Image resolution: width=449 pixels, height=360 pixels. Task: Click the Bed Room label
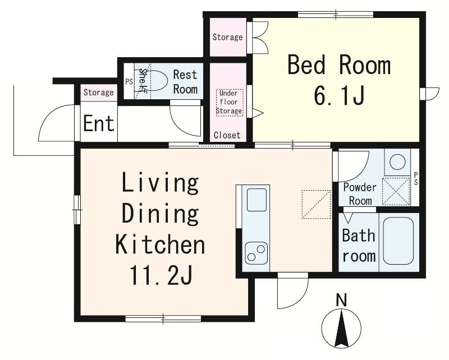click(339, 66)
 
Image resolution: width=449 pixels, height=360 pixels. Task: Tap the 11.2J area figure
click(161, 275)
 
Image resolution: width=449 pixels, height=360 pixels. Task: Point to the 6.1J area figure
click(340, 95)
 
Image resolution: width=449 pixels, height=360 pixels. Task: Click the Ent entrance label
click(99, 123)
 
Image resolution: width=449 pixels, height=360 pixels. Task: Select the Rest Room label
click(185, 82)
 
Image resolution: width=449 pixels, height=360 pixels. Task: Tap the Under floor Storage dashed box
click(229, 102)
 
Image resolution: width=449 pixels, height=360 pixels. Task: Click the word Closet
click(227, 135)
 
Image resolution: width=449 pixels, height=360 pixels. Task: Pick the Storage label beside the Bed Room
click(227, 37)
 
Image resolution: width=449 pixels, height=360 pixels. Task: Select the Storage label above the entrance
click(99, 93)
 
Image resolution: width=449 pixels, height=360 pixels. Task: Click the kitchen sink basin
click(256, 200)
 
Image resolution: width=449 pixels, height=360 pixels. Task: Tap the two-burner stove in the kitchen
click(256, 252)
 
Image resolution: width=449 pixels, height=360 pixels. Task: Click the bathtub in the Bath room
click(398, 241)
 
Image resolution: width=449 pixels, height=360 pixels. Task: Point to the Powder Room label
click(360, 193)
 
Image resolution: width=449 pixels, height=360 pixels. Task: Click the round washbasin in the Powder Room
click(397, 162)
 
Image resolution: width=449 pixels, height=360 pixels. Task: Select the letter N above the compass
click(341, 300)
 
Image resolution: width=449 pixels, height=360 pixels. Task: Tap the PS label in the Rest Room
click(129, 81)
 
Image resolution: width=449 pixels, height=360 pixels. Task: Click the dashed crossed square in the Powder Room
click(396, 191)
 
